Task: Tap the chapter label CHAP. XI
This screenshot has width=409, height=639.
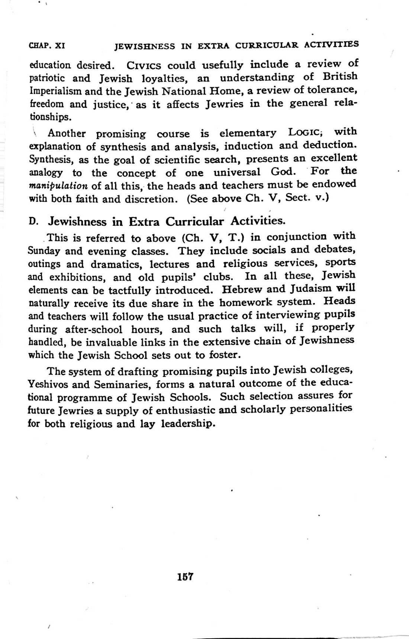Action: coord(47,46)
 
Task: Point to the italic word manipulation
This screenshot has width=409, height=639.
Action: coord(58,186)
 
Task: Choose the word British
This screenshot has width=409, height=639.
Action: coord(340,76)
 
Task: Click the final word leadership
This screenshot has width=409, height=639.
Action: coord(189,424)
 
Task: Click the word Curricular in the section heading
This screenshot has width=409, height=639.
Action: coord(194,222)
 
